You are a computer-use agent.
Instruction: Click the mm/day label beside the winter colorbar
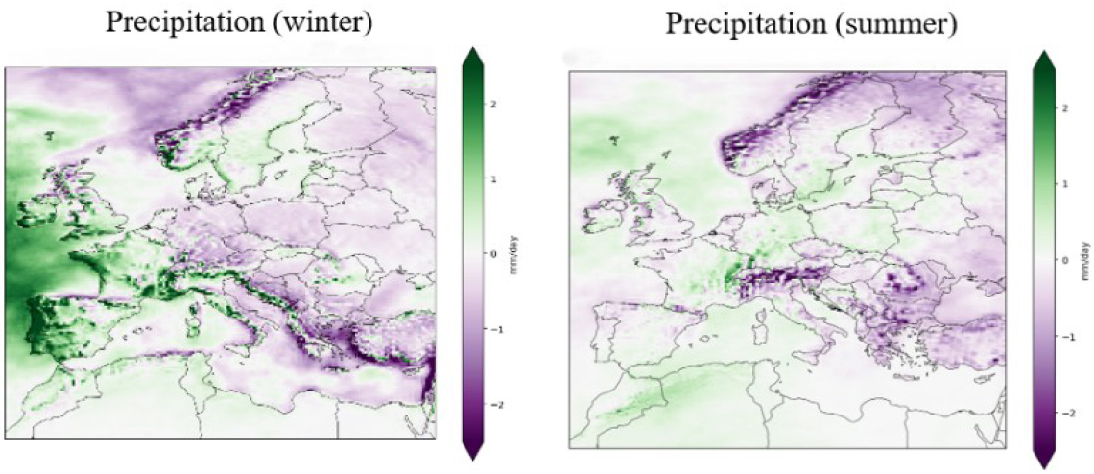coord(516,255)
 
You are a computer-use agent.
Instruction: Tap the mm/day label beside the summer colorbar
coord(1087,260)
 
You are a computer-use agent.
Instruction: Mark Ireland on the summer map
coord(602,214)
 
